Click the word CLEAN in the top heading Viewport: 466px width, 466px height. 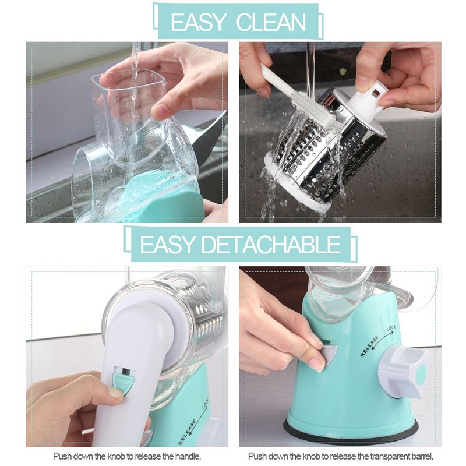[x=271, y=22]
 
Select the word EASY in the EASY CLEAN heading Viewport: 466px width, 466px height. [x=198, y=22]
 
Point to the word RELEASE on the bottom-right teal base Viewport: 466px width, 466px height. [x=369, y=344]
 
